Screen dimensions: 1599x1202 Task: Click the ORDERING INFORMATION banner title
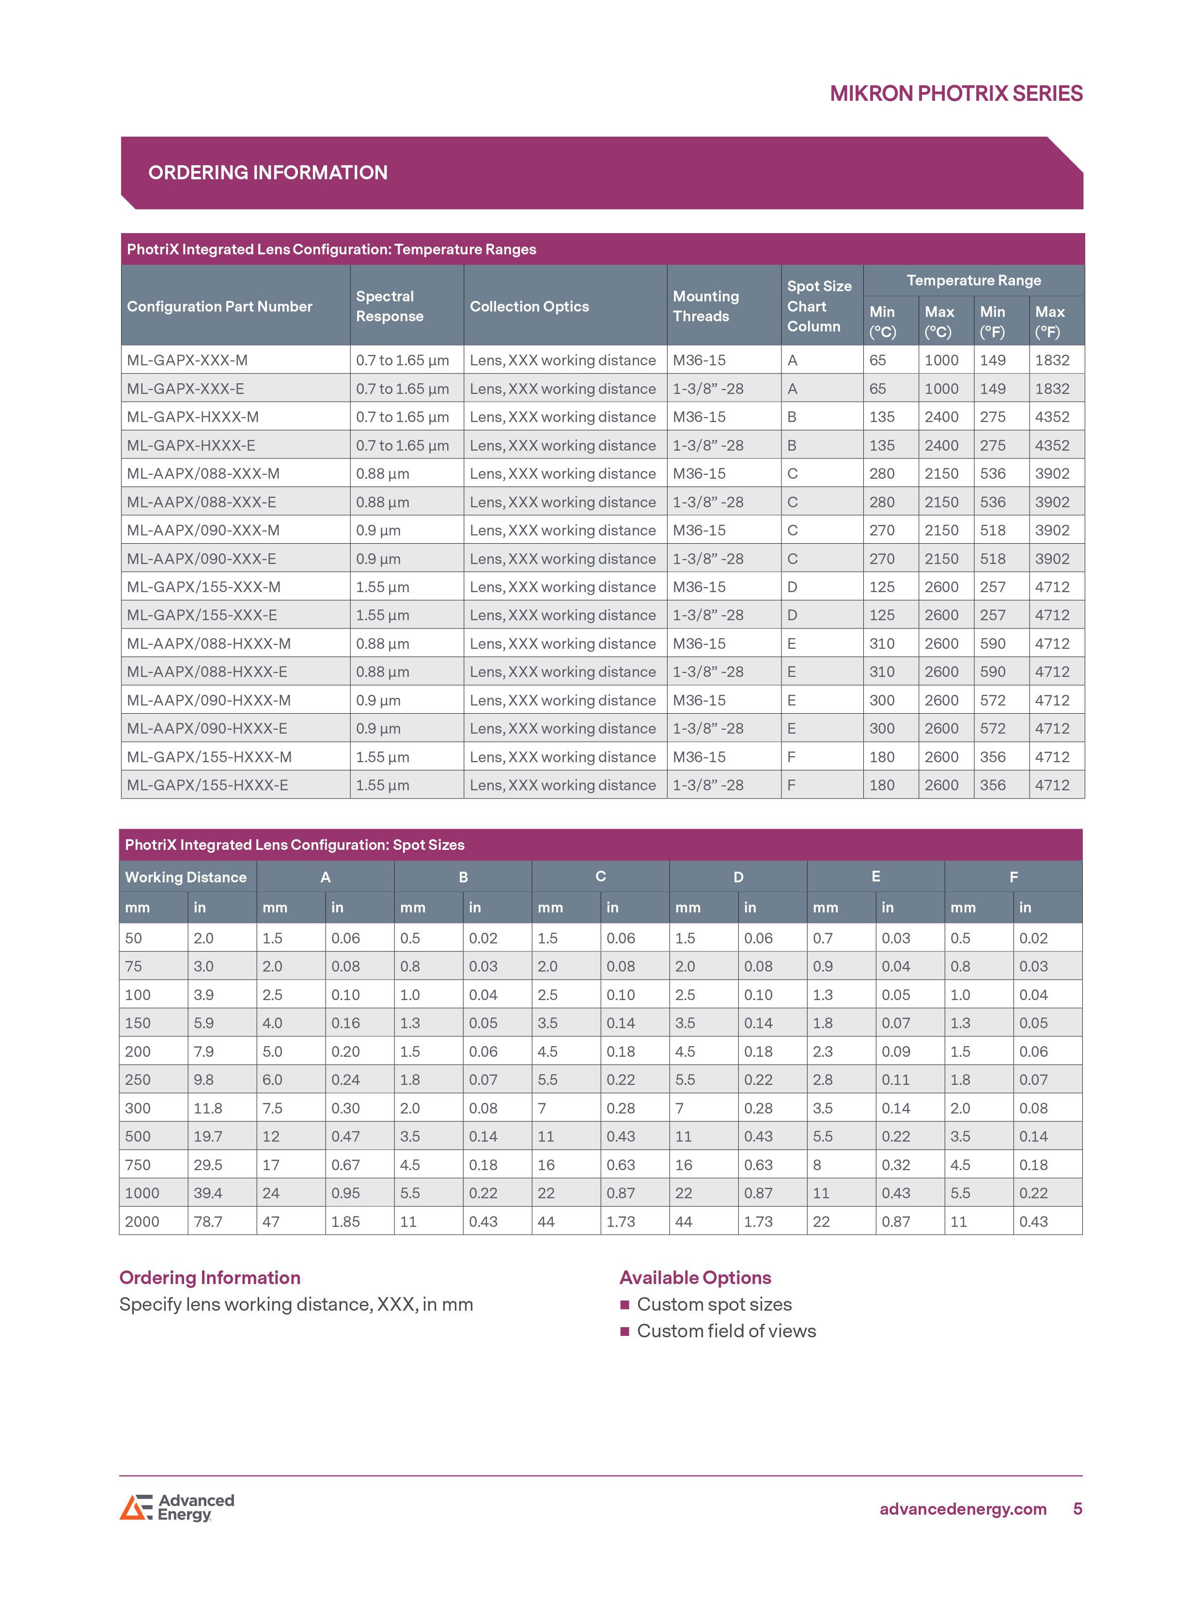(267, 173)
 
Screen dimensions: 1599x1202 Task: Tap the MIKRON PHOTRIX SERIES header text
(955, 94)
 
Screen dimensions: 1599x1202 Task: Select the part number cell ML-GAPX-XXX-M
(187, 360)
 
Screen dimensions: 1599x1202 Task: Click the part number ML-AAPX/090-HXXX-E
(207, 729)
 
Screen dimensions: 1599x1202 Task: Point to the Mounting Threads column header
(705, 307)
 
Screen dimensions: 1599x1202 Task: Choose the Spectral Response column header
(389, 307)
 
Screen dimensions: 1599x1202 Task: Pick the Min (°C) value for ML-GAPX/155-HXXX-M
(881, 757)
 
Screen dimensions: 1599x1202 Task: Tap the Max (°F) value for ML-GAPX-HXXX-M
(1052, 417)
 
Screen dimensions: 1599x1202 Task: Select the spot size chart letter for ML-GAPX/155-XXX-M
(792, 587)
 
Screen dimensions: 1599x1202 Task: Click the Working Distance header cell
(186, 877)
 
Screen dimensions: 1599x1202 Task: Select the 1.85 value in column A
(345, 1222)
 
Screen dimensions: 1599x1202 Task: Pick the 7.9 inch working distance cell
(204, 1052)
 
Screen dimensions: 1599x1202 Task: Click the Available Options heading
(695, 1278)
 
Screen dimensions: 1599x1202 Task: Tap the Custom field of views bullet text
(726, 1331)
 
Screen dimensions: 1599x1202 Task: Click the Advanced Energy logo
(177, 1508)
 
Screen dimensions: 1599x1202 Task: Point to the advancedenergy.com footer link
(963, 1509)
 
